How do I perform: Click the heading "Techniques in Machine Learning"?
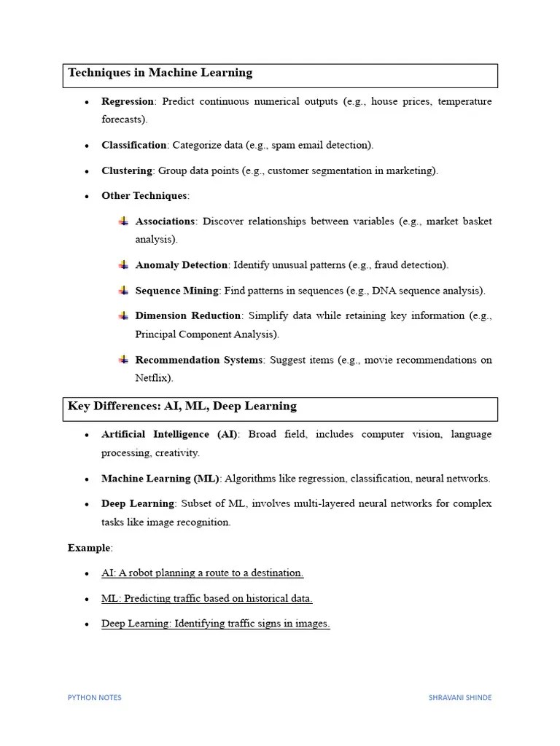(x=160, y=73)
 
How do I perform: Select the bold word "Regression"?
(x=128, y=101)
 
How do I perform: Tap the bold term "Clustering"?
(x=127, y=170)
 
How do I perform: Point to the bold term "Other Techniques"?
(x=144, y=196)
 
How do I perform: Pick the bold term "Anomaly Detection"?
(x=182, y=265)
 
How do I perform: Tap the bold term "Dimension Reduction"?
(x=188, y=315)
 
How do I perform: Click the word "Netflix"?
(x=152, y=378)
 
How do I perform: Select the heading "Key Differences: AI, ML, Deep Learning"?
(x=182, y=407)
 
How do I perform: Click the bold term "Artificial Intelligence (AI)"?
(x=169, y=434)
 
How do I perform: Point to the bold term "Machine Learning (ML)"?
(x=160, y=479)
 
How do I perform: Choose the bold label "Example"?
(x=90, y=547)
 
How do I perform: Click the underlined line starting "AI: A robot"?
(x=202, y=573)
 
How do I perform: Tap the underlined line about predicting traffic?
(x=206, y=598)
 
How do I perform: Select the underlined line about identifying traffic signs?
(x=215, y=624)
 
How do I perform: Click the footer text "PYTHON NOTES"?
(x=95, y=697)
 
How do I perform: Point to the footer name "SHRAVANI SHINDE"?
(x=460, y=697)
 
